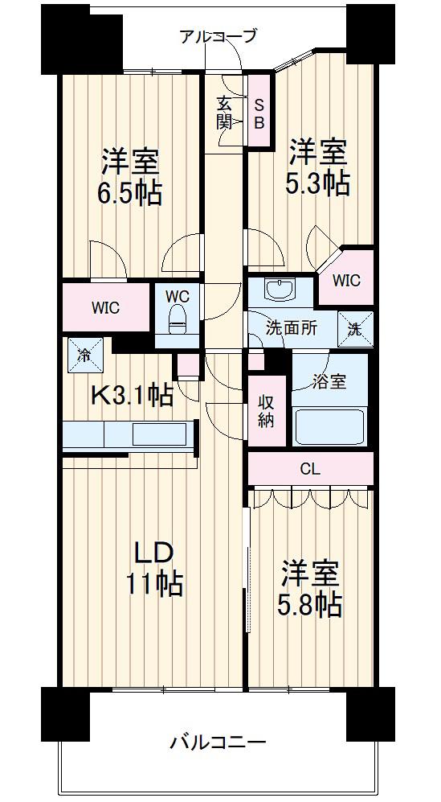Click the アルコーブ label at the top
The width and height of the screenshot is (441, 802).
point(218,36)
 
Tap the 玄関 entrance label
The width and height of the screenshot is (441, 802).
point(224,113)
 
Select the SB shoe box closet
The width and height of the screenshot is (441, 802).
point(259,110)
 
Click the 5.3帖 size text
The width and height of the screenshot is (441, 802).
point(317,183)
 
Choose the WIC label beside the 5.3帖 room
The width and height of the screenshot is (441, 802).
point(346,280)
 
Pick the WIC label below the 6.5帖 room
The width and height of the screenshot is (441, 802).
point(106,308)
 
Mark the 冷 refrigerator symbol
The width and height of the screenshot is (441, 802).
point(85,356)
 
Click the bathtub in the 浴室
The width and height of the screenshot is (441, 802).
point(330,426)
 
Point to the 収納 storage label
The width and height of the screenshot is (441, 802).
point(266,411)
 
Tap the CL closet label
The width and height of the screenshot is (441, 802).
point(311,469)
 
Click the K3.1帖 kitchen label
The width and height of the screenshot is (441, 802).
point(131,395)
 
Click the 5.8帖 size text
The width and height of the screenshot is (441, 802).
point(310,606)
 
